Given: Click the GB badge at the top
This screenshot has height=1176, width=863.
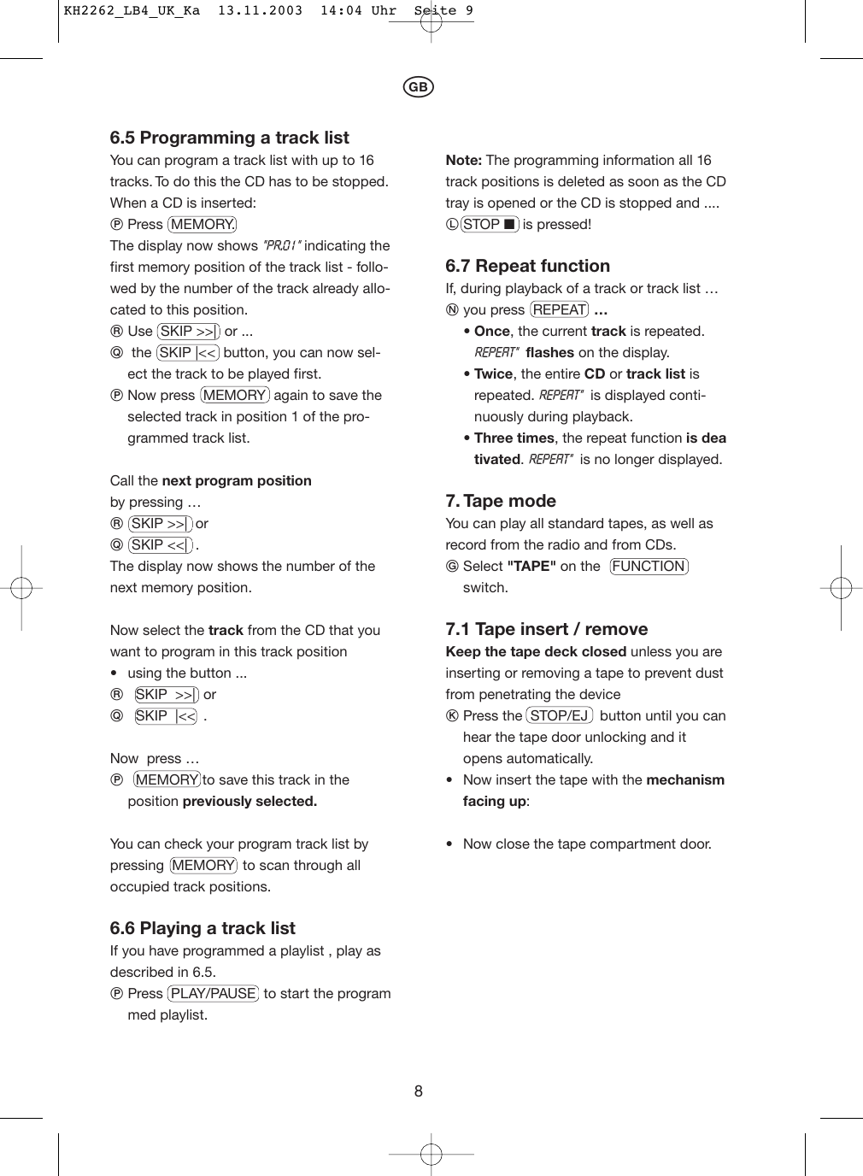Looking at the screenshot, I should point(418,87).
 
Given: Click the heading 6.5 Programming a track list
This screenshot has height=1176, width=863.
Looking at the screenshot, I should point(229,138).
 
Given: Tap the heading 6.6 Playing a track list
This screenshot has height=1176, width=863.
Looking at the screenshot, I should point(203,928).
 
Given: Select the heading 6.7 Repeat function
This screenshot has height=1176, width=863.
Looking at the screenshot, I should point(527,266).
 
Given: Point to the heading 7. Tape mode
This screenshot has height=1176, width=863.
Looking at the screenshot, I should point(501,501).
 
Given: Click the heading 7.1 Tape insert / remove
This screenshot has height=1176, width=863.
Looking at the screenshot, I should point(546,629).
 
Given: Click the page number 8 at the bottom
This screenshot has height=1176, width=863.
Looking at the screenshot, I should point(419,1091).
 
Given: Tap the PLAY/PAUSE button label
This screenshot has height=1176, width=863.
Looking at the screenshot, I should point(214,993).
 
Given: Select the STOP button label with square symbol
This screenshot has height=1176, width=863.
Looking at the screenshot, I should point(490,224).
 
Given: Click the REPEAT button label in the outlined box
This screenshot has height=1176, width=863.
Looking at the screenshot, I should point(560,309).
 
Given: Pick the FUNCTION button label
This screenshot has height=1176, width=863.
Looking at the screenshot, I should point(649,566).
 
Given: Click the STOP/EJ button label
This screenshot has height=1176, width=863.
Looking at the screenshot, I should point(560,715).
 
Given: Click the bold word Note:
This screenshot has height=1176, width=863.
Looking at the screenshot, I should point(463,160).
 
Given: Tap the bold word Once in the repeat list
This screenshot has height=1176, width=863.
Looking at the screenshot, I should point(491,331).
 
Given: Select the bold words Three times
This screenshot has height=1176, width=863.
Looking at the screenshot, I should point(514,438).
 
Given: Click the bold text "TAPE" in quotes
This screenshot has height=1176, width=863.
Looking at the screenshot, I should point(531,566).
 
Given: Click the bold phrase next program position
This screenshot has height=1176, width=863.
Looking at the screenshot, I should point(237,480).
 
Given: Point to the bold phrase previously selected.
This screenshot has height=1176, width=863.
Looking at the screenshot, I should point(250,801).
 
